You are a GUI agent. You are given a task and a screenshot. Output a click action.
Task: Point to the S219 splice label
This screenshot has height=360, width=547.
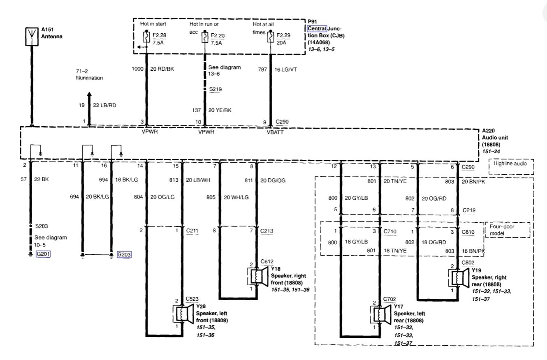[215, 89]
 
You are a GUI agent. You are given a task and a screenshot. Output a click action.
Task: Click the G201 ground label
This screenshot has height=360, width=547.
[43, 254]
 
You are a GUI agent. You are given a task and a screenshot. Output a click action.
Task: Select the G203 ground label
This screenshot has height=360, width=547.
[124, 254]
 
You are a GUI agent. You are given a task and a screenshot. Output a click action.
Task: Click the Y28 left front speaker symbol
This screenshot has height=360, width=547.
[182, 314]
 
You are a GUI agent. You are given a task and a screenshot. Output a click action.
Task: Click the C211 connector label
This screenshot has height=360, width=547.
[192, 230]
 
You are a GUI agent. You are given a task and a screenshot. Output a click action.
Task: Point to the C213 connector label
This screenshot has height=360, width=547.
[266, 230]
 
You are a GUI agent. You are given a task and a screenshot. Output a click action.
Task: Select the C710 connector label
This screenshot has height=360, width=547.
[390, 231]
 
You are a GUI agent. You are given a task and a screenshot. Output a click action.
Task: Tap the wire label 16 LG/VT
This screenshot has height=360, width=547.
[285, 69]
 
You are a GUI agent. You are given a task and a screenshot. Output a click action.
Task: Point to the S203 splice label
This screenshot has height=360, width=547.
[42, 226]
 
